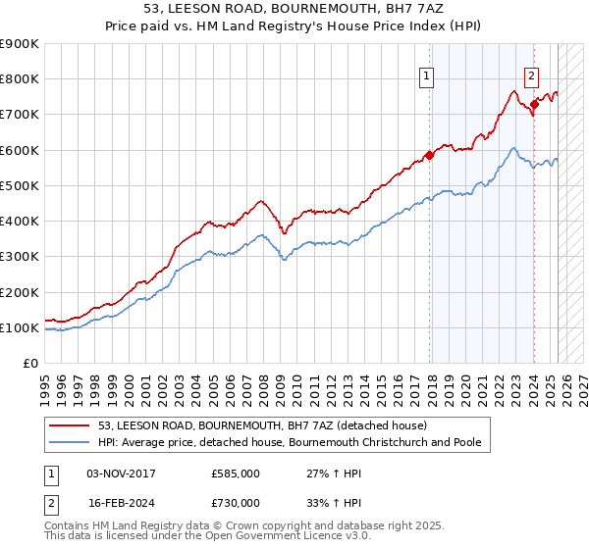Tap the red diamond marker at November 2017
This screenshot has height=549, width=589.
[x=429, y=155]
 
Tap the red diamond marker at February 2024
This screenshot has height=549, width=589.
[x=534, y=103]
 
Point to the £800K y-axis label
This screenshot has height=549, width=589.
[x=20, y=79]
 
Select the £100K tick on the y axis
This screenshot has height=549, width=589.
[x=20, y=328]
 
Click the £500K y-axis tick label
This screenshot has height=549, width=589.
[x=20, y=186]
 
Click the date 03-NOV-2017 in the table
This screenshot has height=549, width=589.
[x=121, y=474]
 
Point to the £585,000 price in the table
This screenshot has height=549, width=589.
[x=236, y=474]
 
